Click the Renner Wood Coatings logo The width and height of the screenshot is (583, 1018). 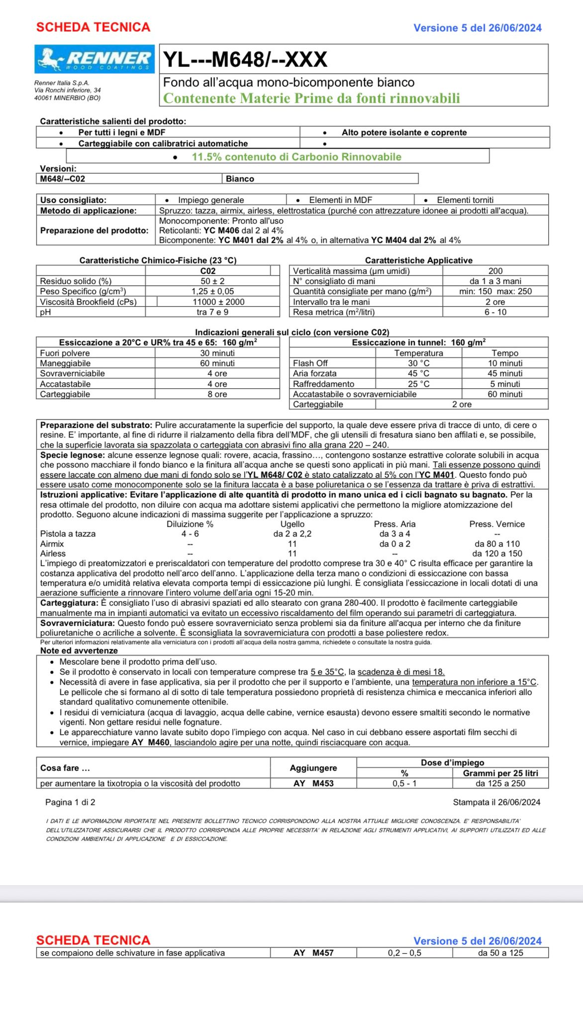[x=94, y=59]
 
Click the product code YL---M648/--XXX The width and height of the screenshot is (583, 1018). [x=245, y=60]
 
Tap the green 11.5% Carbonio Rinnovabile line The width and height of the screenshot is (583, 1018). [x=296, y=157]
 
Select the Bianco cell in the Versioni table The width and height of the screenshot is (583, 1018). [x=240, y=179]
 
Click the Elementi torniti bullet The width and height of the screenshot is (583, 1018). [x=465, y=200]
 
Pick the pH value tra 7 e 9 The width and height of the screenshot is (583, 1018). [x=212, y=312]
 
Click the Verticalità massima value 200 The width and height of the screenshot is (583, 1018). [x=495, y=271]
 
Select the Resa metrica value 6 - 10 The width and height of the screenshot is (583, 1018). [x=495, y=312]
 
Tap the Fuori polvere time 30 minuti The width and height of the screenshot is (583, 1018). [x=217, y=353]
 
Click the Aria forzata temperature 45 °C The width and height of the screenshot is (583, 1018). [x=418, y=373]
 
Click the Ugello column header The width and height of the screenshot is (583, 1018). [x=292, y=524]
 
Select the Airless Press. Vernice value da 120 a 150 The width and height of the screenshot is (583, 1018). [x=497, y=553]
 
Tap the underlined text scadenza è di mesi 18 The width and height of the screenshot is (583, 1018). [x=401, y=672]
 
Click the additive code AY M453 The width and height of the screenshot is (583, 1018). [x=313, y=783]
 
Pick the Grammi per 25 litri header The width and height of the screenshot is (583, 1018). [x=500, y=773]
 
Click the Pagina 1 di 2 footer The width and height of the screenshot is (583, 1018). [x=70, y=802]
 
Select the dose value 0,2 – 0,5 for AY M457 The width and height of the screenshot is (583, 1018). [x=404, y=953]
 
